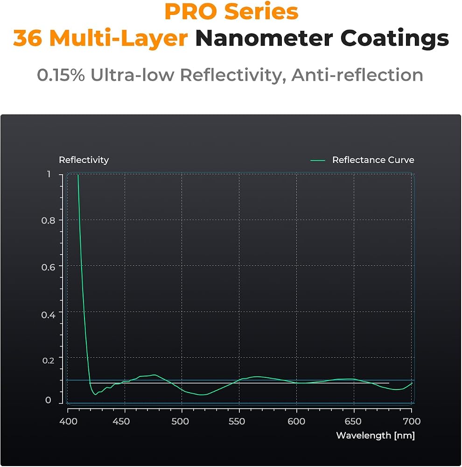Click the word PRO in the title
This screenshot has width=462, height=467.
191,12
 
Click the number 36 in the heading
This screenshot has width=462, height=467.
28,38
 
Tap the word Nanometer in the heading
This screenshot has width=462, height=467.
264,38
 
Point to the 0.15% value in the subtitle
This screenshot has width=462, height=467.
61,75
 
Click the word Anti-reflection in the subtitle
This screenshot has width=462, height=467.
357,75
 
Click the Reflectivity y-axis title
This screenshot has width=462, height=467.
84,160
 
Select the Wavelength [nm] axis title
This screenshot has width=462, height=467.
375,435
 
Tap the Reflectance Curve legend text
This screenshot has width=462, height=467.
373,160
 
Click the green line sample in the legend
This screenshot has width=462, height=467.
318,161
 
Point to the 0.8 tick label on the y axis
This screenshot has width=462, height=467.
48,221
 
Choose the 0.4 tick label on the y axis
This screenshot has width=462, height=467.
48,315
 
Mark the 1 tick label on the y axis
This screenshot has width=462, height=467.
49,174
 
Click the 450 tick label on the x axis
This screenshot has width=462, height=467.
121,421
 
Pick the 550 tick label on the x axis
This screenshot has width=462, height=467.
237,421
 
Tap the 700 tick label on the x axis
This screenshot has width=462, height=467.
412,421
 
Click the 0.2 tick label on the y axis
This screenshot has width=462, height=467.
48,361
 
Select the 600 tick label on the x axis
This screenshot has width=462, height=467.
296,421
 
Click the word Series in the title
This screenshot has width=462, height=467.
261,12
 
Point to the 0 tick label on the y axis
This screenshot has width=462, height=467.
48,400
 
